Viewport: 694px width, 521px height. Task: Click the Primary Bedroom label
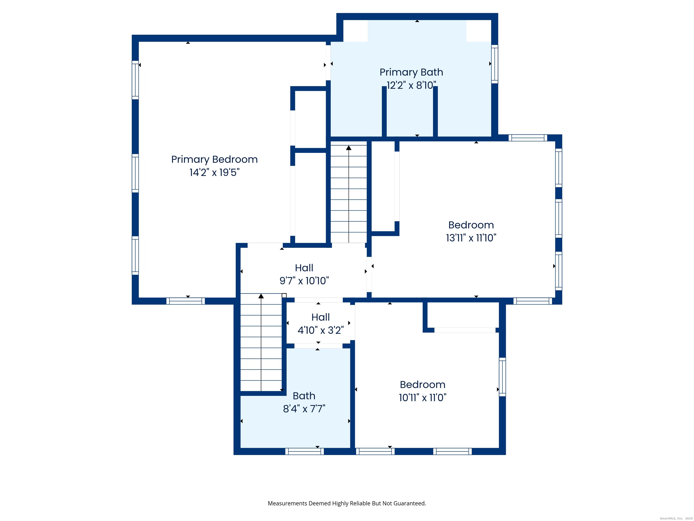pos(214,160)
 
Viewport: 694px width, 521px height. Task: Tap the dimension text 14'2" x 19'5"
pos(214,172)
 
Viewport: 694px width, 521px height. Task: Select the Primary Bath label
pos(411,72)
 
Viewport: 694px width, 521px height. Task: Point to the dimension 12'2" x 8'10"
pos(411,85)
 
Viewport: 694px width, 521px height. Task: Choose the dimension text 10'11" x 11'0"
pos(423,398)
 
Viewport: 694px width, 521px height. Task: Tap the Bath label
pos(304,396)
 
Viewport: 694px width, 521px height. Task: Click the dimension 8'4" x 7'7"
pos(304,409)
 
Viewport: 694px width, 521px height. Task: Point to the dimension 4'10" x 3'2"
pos(321,330)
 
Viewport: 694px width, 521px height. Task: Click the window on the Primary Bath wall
pos(495,64)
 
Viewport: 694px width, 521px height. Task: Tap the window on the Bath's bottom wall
pos(304,451)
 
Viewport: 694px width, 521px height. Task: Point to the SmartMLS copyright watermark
pos(676,519)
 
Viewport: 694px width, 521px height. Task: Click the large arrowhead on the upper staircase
pos(349,148)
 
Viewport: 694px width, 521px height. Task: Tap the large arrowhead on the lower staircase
pos(261,296)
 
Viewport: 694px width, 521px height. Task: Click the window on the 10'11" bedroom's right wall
pos(502,377)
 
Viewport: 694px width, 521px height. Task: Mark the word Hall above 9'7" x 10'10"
pos(304,268)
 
